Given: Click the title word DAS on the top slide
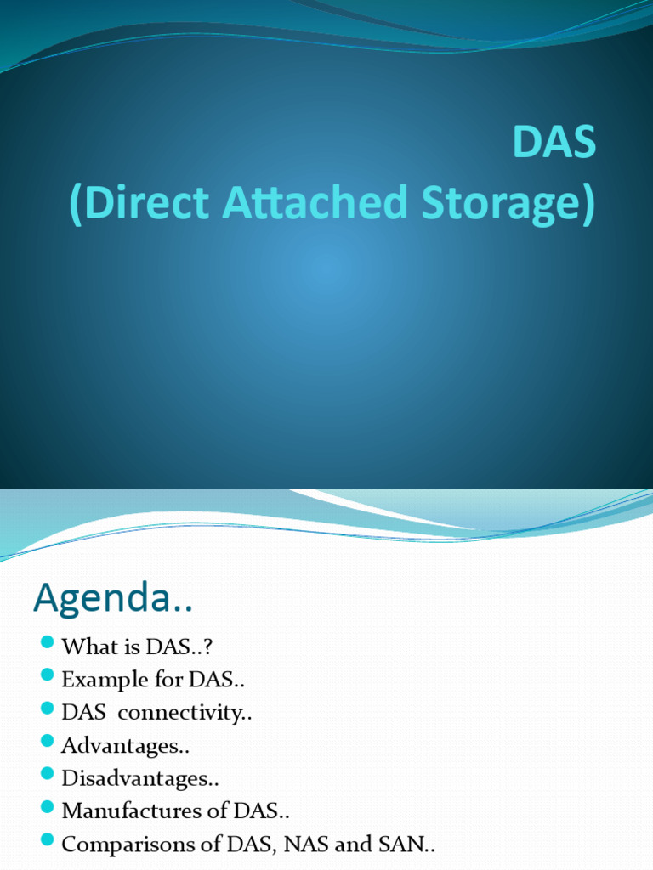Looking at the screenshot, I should (554, 144).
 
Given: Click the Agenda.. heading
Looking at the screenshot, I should (113, 600).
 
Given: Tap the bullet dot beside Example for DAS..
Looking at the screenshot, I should (47, 675).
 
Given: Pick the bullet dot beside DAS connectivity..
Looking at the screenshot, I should (47, 708).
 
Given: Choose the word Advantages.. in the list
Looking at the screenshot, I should (125, 746).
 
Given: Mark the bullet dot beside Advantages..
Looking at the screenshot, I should (47, 741).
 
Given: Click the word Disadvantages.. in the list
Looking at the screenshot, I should (141, 778).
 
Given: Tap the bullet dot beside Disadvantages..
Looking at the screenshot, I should (47, 773).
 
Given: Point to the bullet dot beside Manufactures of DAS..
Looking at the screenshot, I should (47, 806).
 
